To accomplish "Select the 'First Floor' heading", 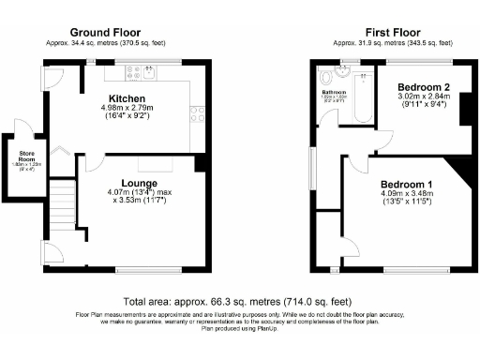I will pos(392,32).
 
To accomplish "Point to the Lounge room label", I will pos(140,183).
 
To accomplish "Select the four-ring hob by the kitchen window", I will pos(198,114).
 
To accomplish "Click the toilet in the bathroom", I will pos(325,75).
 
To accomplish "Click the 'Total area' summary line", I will pos(240,304).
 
